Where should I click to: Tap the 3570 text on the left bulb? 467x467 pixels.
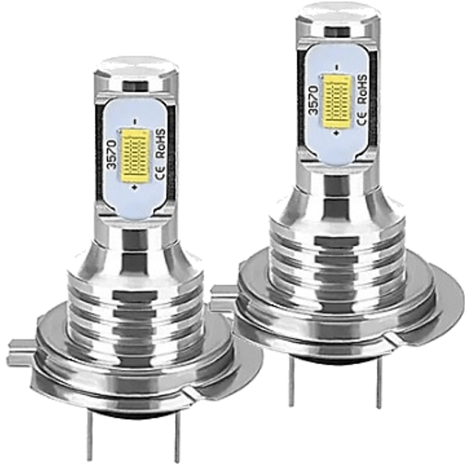[112, 155]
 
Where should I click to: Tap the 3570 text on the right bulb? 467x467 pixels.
[313, 100]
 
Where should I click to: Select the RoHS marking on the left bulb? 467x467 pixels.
[161, 143]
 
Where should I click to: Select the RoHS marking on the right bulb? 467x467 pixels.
[362, 89]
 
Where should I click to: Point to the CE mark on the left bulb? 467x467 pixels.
[160, 172]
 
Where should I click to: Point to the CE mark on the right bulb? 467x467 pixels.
[361, 119]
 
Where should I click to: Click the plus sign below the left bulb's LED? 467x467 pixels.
[135, 187]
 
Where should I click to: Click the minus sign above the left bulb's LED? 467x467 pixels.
[135, 122]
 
